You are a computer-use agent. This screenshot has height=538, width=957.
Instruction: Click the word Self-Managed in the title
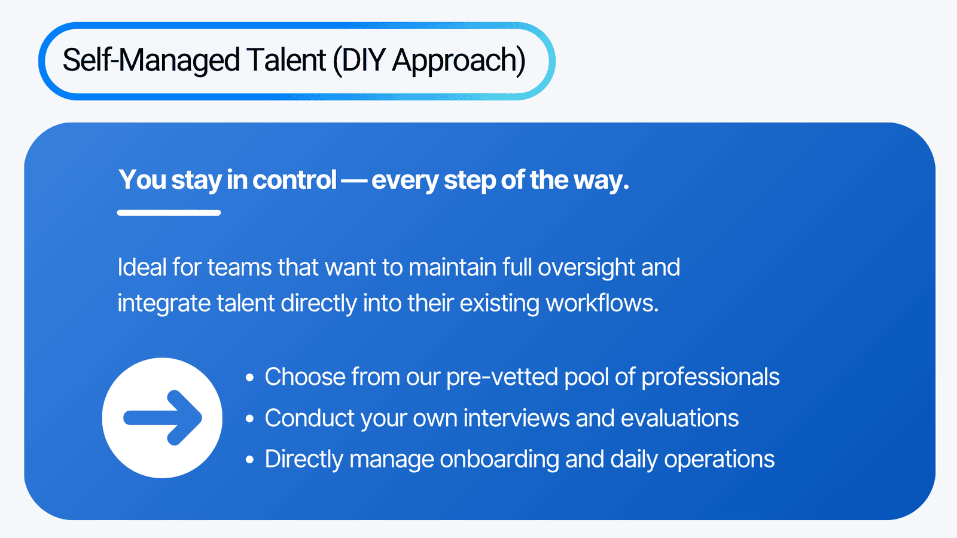click(151, 60)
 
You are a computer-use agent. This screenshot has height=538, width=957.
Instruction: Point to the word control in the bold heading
click(294, 179)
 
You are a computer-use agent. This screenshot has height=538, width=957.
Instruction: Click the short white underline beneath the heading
click(169, 213)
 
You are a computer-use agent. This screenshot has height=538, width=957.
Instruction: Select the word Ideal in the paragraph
click(142, 267)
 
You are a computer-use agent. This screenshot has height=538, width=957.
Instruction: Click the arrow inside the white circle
click(162, 418)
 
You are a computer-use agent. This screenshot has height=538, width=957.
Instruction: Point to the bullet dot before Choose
click(250, 377)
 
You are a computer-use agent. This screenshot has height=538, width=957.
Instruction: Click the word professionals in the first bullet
click(711, 377)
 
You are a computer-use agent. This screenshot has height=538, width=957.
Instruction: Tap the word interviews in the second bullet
click(517, 418)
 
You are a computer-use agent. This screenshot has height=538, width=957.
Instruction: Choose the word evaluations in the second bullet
click(679, 418)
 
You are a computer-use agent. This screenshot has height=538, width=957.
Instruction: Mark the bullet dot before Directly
click(250, 460)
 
